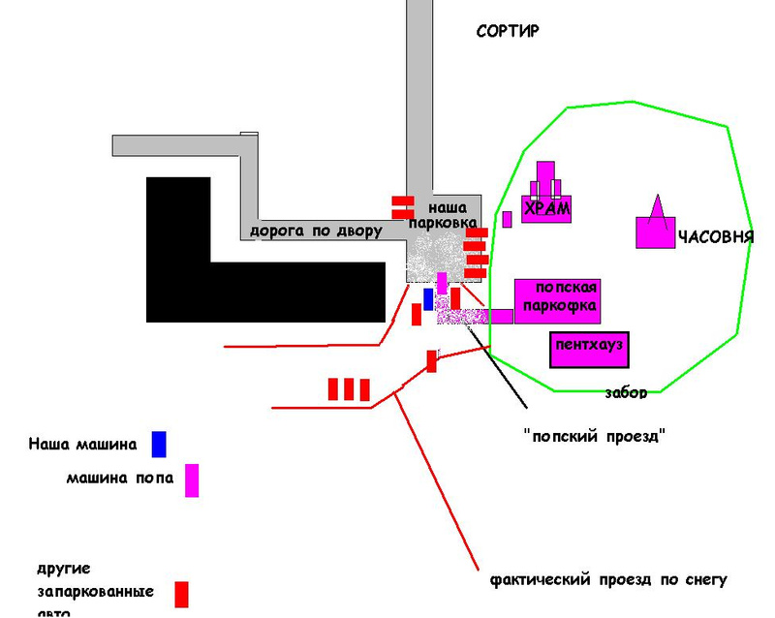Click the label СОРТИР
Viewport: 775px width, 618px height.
(508, 31)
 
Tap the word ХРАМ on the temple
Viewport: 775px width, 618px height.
(546, 209)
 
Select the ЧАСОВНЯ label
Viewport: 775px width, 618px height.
(715, 237)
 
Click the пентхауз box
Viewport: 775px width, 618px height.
(589, 348)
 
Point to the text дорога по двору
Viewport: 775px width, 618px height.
(316, 232)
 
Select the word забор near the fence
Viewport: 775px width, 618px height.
(626, 392)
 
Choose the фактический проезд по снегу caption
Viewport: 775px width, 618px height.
(608, 580)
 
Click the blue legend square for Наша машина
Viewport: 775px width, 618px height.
(159, 444)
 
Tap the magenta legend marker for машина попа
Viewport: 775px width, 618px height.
(192, 480)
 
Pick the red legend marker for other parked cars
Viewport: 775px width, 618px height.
(181, 593)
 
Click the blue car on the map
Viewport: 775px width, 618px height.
(428, 299)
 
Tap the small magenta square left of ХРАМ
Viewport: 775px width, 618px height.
(507, 219)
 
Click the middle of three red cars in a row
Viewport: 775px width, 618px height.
(349, 389)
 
